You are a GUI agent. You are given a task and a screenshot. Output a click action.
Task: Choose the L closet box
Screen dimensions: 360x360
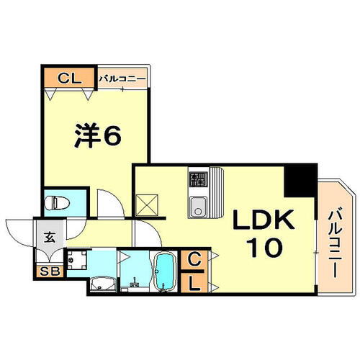(x=194, y=284)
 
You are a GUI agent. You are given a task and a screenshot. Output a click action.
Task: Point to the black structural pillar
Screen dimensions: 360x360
(x=299, y=180)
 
